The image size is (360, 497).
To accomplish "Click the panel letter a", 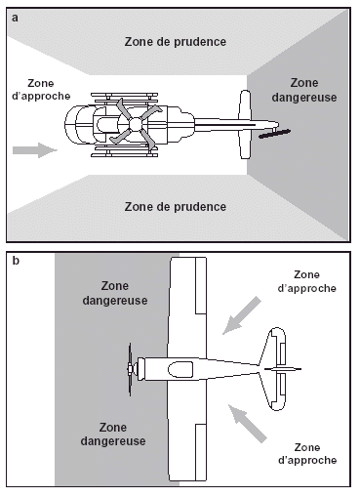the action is (15, 18).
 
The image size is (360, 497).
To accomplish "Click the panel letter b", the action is (15, 261).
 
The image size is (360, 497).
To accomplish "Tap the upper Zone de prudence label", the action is (176, 42).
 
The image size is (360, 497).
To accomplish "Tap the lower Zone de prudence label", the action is (176, 207).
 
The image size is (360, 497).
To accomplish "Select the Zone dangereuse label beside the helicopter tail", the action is (304, 90).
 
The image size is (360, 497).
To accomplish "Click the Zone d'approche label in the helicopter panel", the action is (41, 90).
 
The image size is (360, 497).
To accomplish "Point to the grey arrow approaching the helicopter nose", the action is (35, 150).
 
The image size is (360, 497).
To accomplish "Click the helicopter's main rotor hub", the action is (136, 124).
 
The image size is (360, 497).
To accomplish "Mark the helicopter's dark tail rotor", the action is (275, 134).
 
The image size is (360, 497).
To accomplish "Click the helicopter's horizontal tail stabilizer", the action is (245, 124).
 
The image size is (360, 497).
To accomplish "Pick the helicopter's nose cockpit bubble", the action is (80, 124).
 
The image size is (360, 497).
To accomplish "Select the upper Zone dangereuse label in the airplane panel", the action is (115, 293).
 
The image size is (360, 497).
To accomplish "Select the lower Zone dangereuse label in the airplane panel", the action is (113, 435).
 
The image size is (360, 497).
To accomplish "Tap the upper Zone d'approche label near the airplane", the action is (306, 281).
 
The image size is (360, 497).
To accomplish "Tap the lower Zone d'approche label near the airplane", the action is (307, 454).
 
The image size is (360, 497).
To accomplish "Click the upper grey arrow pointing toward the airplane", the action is (242, 315).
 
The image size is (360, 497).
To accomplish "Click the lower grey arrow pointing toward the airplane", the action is (247, 424).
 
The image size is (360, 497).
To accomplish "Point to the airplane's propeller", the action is (130, 369).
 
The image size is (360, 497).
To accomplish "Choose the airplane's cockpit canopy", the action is (180, 369).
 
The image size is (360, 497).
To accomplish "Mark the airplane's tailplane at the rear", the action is (277, 369).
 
